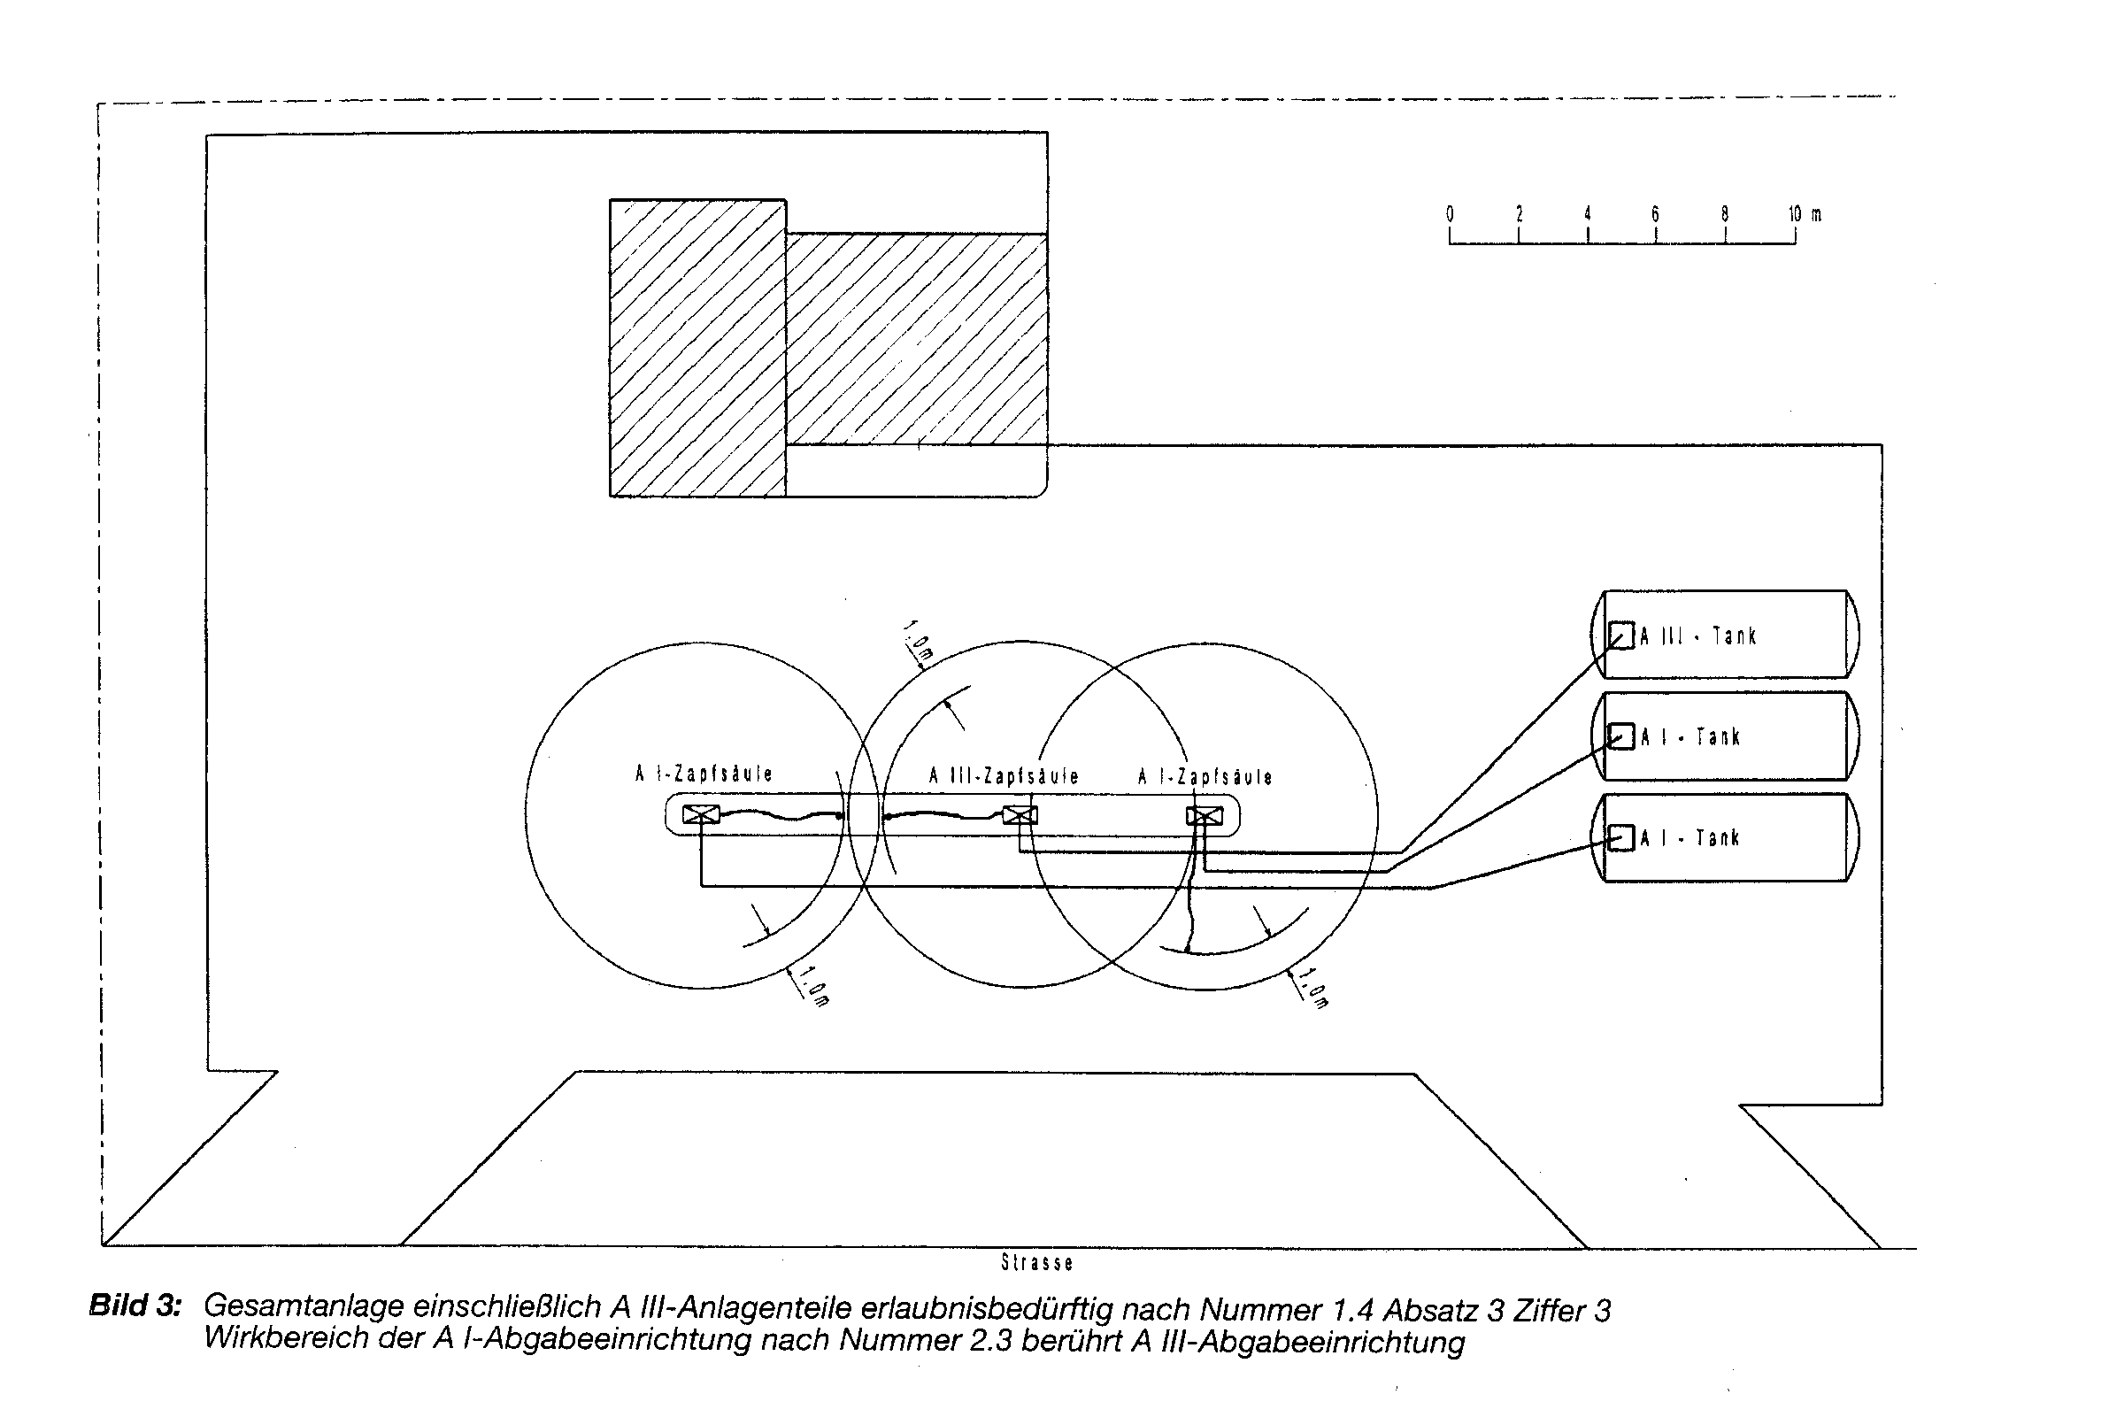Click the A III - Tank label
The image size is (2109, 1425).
coord(1697,635)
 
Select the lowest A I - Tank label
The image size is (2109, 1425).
coord(1690,838)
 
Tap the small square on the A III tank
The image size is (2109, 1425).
coord(1620,635)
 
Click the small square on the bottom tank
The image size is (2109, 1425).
coord(1620,838)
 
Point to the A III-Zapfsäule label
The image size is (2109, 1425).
coord(1004,776)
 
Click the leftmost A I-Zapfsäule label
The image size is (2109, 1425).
coord(704,774)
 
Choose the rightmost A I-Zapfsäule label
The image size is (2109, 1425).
coord(1205,777)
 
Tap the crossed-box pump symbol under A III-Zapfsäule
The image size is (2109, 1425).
coord(1020,815)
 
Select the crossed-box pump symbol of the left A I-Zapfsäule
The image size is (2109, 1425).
coord(701,814)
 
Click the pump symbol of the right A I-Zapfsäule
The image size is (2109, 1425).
coord(1205,816)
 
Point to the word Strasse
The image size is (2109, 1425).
coord(1036,1262)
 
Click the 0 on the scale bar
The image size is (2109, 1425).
coord(1450,214)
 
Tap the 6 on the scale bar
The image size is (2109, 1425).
coord(1655,214)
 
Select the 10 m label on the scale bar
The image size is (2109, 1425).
coord(1804,214)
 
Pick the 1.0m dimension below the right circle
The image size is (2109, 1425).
coord(1314,988)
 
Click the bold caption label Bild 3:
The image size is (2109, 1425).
coord(135,1306)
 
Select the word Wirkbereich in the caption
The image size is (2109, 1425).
coord(287,1339)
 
